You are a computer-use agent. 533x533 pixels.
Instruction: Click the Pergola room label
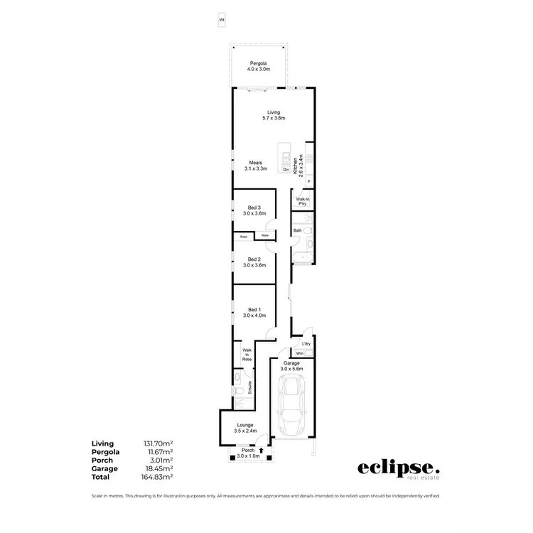(258, 67)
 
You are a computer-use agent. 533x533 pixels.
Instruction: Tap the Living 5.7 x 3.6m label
(274, 115)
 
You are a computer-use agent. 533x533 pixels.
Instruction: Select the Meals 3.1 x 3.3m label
(255, 166)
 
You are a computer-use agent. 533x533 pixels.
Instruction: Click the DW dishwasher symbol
(286, 170)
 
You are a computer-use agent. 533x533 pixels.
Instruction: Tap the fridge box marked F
(309, 181)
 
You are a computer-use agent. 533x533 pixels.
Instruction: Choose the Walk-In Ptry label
(302, 201)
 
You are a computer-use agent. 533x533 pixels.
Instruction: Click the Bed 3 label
(254, 210)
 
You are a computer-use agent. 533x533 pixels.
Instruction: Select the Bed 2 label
(254, 262)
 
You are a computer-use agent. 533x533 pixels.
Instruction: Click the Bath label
(298, 230)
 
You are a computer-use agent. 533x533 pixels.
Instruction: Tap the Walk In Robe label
(247, 355)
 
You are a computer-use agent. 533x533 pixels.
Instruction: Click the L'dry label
(306, 344)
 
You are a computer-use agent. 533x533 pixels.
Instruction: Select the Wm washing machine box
(300, 353)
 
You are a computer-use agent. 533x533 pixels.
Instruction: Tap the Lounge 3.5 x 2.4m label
(244, 428)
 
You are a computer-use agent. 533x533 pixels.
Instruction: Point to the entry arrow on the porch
(262, 450)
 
